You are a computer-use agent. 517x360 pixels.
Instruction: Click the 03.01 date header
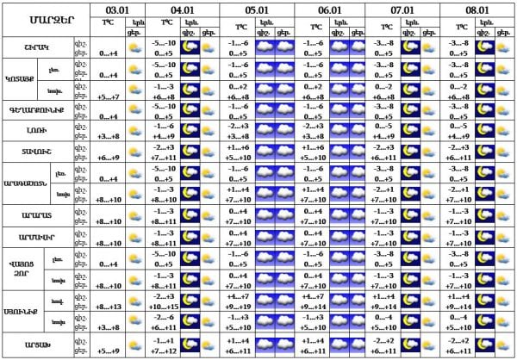tap(120, 9)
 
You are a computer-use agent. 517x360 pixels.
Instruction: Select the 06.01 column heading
tap(331, 9)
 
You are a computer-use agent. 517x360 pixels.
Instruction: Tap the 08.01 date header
tap(478, 9)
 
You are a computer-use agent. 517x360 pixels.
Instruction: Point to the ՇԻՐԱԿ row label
tap(37, 47)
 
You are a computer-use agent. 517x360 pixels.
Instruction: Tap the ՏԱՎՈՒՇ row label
tap(37, 152)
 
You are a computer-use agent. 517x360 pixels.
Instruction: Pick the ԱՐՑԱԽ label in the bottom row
tap(37, 345)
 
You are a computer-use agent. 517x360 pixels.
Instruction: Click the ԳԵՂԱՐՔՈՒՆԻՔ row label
tap(37, 109)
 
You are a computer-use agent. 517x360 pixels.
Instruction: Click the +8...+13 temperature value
tap(109, 306)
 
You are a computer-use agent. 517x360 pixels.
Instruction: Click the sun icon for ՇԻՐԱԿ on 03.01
tap(134, 47)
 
